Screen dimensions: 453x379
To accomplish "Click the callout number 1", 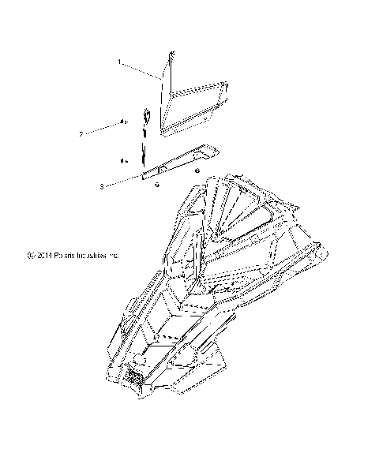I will [x=119, y=61].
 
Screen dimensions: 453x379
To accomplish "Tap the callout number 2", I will [x=103, y=135].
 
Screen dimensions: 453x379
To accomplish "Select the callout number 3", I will [x=103, y=187].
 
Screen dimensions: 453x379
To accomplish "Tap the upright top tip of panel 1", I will [x=170, y=54].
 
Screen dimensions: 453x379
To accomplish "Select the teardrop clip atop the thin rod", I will [x=146, y=117].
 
